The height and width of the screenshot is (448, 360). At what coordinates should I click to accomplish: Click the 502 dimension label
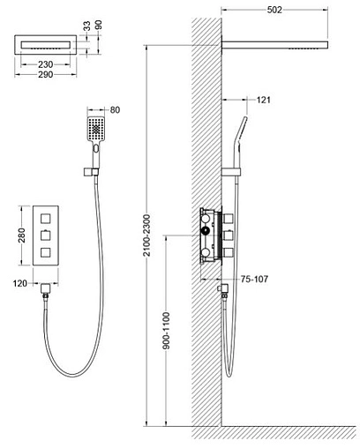pyautogui.click(x=274, y=10)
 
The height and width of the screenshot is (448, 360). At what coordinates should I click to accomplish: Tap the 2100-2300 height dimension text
pyautogui.click(x=146, y=235)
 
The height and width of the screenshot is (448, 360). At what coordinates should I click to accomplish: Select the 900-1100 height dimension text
pyautogui.click(x=166, y=331)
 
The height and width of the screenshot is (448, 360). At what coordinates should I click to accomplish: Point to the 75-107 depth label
pyautogui.click(x=254, y=279)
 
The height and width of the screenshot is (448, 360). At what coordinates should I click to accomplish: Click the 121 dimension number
pyautogui.click(x=263, y=100)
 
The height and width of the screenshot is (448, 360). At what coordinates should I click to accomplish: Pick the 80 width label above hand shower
pyautogui.click(x=115, y=110)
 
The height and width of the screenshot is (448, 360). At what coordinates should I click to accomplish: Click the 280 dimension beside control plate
pyautogui.click(x=22, y=235)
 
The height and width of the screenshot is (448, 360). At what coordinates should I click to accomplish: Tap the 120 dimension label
pyautogui.click(x=20, y=284)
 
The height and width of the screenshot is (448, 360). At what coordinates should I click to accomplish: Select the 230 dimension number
pyautogui.click(x=45, y=64)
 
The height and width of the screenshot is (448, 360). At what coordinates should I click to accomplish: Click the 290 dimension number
pyautogui.click(x=45, y=75)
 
